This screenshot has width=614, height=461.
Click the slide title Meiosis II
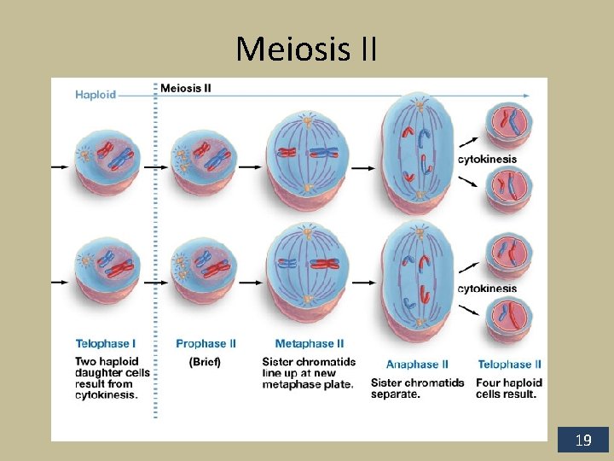(x=306, y=49)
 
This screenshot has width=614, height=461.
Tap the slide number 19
(x=583, y=441)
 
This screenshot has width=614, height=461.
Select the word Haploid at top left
(x=96, y=94)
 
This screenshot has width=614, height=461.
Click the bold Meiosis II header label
(x=186, y=88)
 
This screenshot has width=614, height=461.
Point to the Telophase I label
(x=105, y=344)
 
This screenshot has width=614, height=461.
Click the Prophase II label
(x=206, y=344)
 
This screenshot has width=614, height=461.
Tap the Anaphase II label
(x=417, y=365)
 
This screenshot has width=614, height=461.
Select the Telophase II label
(x=509, y=365)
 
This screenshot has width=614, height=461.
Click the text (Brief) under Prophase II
(x=205, y=362)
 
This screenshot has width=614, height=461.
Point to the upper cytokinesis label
(x=487, y=159)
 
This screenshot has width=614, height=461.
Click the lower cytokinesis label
(x=487, y=289)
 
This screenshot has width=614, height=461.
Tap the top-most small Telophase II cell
(x=508, y=125)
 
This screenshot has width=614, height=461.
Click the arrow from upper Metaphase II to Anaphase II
(x=363, y=167)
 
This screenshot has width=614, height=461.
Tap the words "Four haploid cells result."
(x=508, y=388)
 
